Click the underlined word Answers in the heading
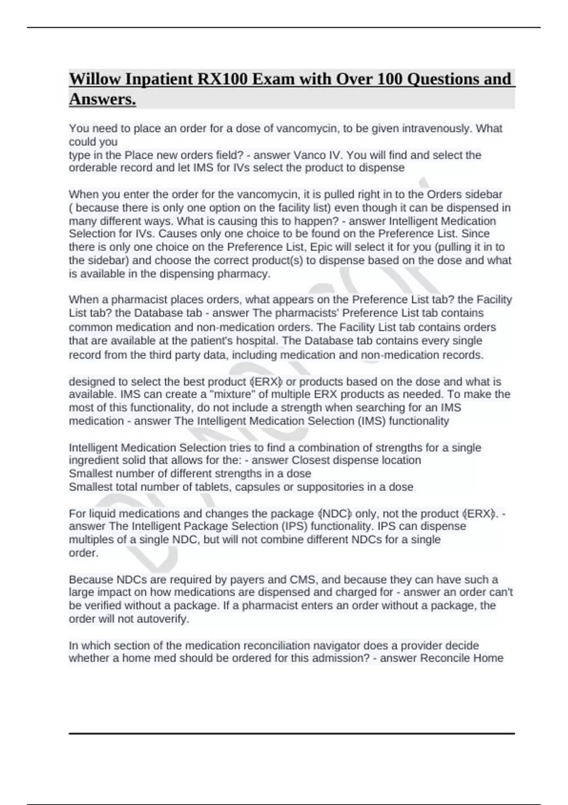(x=102, y=99)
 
